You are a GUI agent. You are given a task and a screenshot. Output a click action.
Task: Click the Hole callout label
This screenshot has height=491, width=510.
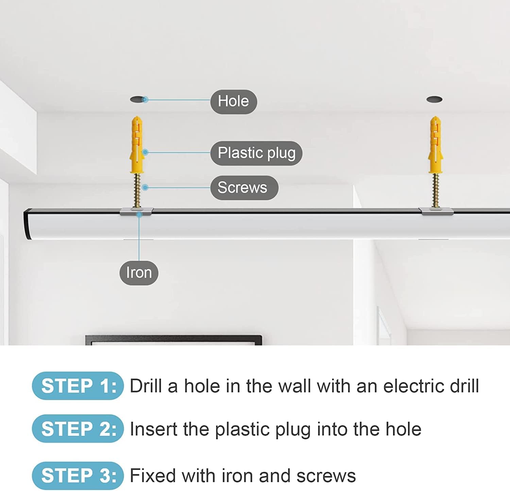tap(234, 101)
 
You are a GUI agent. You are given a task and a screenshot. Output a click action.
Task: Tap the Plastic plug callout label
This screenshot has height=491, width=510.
tap(256, 153)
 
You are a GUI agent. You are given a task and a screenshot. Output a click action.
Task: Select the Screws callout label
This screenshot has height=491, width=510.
tap(244, 188)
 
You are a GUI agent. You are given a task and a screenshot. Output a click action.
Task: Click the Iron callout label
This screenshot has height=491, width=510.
tap(139, 273)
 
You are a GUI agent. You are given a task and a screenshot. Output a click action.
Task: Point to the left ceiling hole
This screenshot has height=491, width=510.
tap(138, 99)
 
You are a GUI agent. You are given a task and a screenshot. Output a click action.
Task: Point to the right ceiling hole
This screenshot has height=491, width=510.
tap(435, 99)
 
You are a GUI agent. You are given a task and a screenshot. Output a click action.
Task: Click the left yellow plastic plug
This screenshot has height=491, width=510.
tap(137, 144)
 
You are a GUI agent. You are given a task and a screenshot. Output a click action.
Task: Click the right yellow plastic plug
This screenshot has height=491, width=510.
tap(435, 144)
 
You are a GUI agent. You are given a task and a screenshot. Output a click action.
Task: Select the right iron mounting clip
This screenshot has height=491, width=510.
tap(437, 211)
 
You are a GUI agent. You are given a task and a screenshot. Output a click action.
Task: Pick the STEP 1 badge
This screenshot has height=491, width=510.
tap(78, 386)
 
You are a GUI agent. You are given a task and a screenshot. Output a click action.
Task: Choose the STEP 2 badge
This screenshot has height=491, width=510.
tap(78, 429)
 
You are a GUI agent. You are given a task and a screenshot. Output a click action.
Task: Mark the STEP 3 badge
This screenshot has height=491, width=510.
tap(78, 476)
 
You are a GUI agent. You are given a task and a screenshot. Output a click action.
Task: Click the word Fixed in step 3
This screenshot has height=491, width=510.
tap(153, 476)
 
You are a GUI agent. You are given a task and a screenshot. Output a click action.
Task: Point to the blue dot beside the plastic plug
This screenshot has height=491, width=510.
tap(145, 152)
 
